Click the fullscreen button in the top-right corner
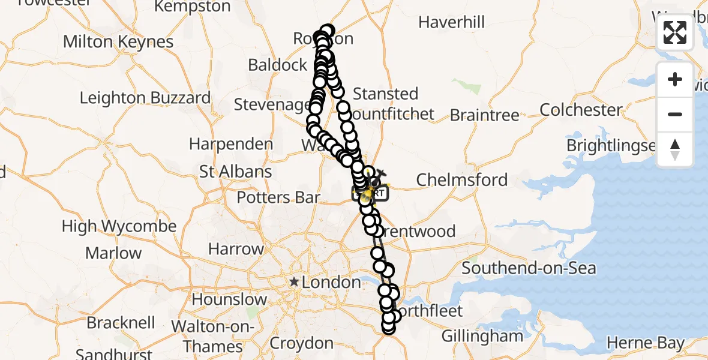(x=675, y=32)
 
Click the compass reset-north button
(x=675, y=149)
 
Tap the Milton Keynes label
(x=118, y=42)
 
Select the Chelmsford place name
(x=462, y=179)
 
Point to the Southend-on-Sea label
(x=529, y=268)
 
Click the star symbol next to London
(x=294, y=281)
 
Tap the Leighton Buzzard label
(x=145, y=98)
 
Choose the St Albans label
(x=236, y=172)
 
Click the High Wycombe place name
(x=119, y=227)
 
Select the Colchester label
(x=581, y=110)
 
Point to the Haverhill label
(x=451, y=23)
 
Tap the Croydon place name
(x=302, y=343)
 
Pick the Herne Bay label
(x=646, y=343)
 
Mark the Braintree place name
(x=485, y=115)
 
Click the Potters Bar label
(x=278, y=197)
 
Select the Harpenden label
(x=231, y=145)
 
